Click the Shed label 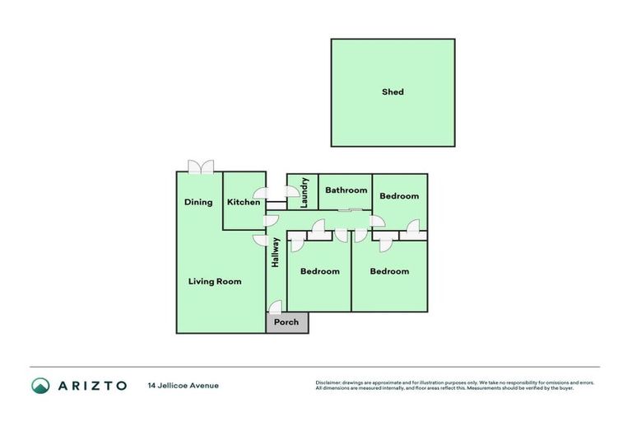(x=393, y=92)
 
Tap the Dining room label (x=198, y=202)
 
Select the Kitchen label (x=244, y=202)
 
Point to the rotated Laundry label (x=304, y=192)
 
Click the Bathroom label (x=346, y=190)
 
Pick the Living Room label (x=215, y=281)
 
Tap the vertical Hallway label (x=276, y=252)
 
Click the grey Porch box (x=286, y=322)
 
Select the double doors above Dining (x=200, y=167)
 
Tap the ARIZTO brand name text (x=92, y=385)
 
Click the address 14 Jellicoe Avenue (x=184, y=385)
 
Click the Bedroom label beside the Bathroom (x=399, y=196)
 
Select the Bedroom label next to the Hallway (x=319, y=271)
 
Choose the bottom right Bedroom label (x=389, y=271)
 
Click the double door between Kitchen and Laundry (x=281, y=193)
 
